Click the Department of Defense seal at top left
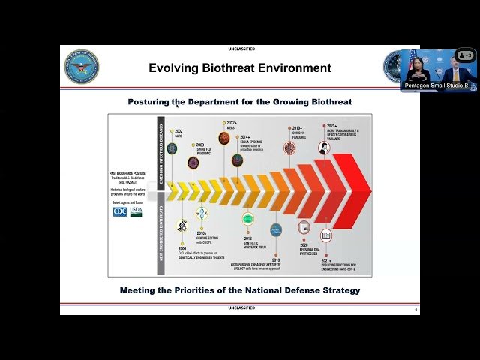click(81, 67)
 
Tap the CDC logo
click(120, 211)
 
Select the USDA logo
click(136, 211)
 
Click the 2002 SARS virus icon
click(172, 148)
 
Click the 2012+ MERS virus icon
click(223, 138)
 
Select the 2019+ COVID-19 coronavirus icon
click(289, 148)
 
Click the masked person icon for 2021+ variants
click(324, 148)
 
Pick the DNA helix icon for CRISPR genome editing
click(202, 215)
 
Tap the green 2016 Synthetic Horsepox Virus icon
click(247, 219)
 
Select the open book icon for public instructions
click(326, 235)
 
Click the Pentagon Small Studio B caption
click(436, 85)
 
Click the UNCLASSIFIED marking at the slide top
click(240, 49)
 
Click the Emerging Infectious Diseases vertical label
click(160, 147)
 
